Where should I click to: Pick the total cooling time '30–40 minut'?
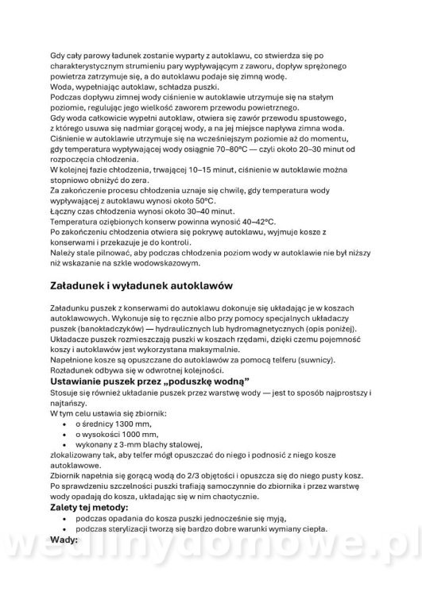208,211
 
